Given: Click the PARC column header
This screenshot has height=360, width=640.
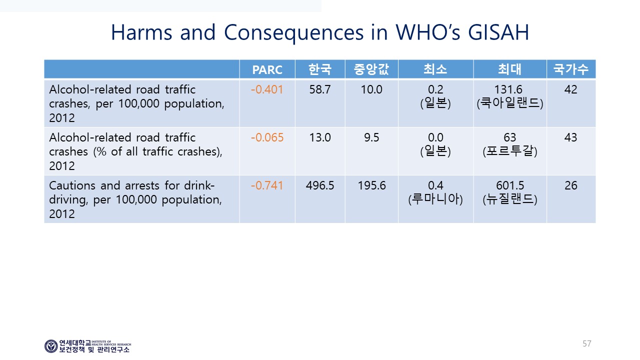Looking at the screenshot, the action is [x=267, y=69].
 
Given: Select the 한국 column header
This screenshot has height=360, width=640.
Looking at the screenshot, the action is [x=319, y=69].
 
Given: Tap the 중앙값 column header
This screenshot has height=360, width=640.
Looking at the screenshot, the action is [x=371, y=69].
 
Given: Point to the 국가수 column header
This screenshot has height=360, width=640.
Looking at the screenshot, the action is [x=570, y=69].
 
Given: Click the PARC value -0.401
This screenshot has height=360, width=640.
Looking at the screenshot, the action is [x=267, y=89].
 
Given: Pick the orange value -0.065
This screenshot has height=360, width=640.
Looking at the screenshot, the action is [x=267, y=137].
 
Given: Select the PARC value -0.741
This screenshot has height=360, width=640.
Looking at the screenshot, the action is [x=267, y=185].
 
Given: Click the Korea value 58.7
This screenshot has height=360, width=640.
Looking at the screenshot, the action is [x=319, y=89].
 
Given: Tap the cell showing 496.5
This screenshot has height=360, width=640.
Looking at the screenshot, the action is [x=319, y=185].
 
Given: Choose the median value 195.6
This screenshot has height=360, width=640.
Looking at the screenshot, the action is [x=371, y=185].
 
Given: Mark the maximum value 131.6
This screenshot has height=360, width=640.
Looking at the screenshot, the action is [x=508, y=89].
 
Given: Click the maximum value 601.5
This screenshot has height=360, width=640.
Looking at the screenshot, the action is [x=510, y=185].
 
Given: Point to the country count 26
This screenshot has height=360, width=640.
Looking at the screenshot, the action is [x=571, y=185].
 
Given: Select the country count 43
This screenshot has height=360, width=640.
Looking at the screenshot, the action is [x=570, y=137].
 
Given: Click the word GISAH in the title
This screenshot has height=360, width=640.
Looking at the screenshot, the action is [x=498, y=32].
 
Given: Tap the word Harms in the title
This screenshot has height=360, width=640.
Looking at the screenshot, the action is [x=141, y=32].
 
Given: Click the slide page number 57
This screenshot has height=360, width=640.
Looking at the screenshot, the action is [x=587, y=343].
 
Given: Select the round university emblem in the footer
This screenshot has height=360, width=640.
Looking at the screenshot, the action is [x=51, y=346].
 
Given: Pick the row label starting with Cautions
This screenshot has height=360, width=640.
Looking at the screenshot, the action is [x=135, y=199].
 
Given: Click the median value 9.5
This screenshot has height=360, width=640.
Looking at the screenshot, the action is [x=371, y=137].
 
